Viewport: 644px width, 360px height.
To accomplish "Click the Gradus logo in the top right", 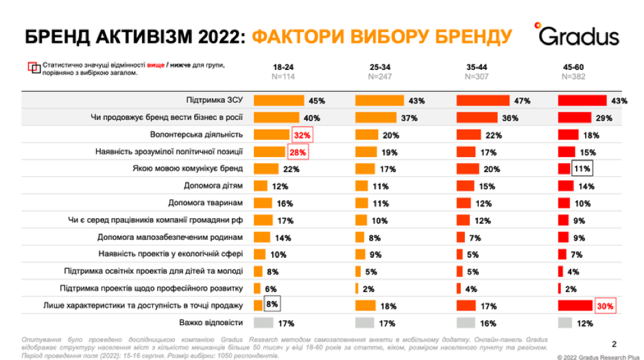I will pyautogui.click(x=577, y=35).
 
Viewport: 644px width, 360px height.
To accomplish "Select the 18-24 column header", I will pyautogui.click(x=283, y=67).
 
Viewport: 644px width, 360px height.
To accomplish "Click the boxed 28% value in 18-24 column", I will pyautogui.click(x=297, y=152).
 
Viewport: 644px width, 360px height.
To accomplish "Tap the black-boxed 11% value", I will pyautogui.click(x=582, y=169).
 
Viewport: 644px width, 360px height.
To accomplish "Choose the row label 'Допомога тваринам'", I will pyautogui.click(x=206, y=203).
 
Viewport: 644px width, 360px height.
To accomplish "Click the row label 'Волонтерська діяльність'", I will pyautogui.click(x=197, y=134).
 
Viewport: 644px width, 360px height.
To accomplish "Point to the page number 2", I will pyautogui.click(x=614, y=344).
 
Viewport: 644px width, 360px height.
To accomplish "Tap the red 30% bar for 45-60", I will pyautogui.click(x=575, y=306).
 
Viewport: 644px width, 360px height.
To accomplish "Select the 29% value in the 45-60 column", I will pyautogui.click(x=604, y=118).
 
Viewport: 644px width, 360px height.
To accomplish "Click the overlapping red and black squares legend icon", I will pyautogui.click(x=34, y=67).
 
